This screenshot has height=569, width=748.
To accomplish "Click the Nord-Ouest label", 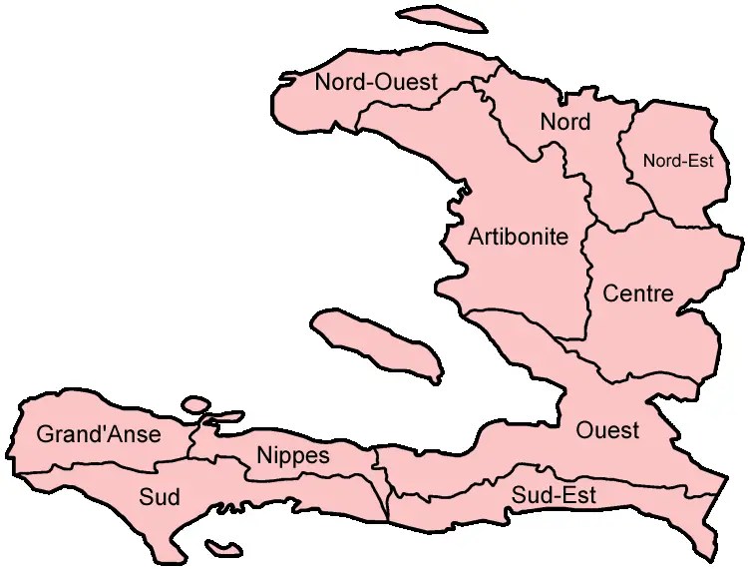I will click(376, 83).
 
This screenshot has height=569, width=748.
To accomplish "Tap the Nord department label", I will click(564, 123).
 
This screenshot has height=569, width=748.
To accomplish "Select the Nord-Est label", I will click(678, 160).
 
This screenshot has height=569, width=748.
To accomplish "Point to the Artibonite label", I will click(518, 238).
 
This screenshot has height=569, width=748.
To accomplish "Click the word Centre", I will click(638, 294).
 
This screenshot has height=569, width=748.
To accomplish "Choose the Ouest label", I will click(607, 431).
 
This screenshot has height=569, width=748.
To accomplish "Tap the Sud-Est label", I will click(554, 495).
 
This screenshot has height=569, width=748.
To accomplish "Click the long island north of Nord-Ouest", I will click(436, 19).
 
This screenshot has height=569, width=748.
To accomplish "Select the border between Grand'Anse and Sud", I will click(100, 467).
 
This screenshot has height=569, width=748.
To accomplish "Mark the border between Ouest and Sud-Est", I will click(559, 477).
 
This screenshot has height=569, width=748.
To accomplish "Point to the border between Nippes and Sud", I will click(299, 478).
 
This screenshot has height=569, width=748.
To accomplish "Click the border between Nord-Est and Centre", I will click(688, 218).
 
